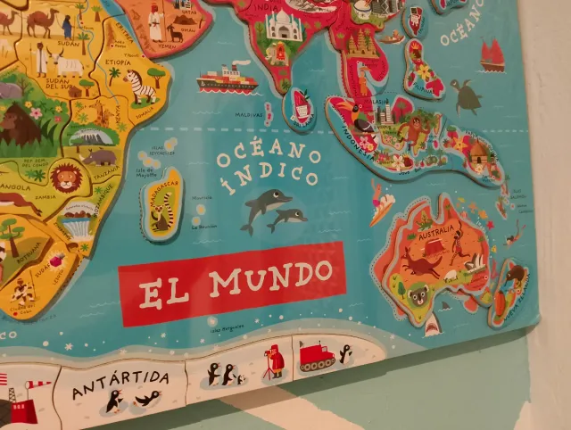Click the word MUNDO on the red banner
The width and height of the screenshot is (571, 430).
(272, 278)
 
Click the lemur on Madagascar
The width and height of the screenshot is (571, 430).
(162, 214)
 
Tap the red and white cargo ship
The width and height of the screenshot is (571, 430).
(227, 79)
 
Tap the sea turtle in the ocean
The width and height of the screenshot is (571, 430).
(466, 96)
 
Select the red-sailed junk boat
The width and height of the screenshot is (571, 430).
(492, 56)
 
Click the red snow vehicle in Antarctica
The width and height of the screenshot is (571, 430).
(316, 356)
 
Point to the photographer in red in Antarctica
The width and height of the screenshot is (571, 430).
(275, 361)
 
